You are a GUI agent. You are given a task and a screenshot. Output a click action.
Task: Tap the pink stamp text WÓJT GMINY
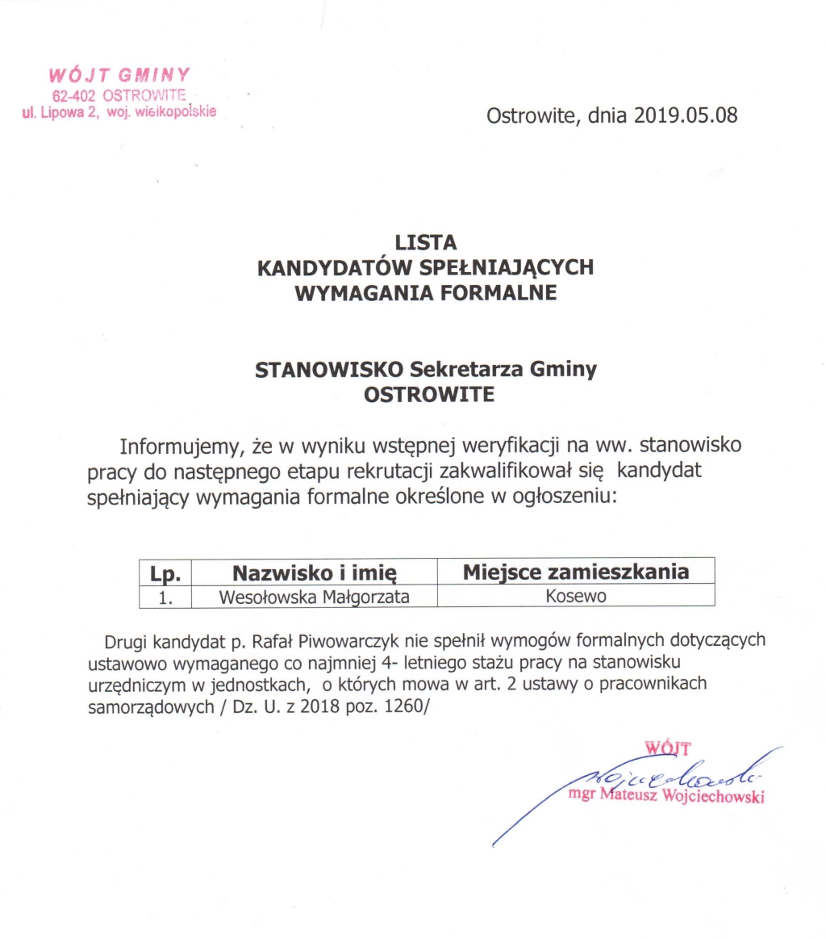tap(119, 76)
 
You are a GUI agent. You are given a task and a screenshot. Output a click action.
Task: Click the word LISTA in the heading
tap(426, 241)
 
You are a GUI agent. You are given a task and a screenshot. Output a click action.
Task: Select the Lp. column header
tap(165, 572)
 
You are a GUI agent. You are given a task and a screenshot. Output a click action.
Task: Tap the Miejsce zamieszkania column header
tap(576, 572)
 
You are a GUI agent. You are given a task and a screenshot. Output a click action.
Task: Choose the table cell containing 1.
tap(165, 597)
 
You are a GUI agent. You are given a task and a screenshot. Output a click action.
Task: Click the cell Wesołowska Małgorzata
tap(315, 597)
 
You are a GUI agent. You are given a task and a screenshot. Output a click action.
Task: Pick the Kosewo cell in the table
tap(576, 597)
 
